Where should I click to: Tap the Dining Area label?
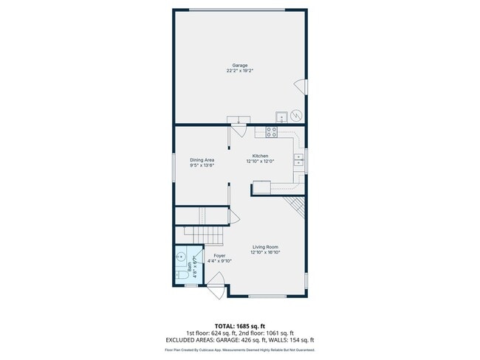(x=202, y=160)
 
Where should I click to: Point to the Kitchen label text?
(x=261, y=156)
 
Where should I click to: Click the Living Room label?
(x=265, y=247)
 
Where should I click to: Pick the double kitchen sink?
(x=300, y=159)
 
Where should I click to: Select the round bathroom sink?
(x=181, y=257)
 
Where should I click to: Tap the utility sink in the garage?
(x=281, y=117)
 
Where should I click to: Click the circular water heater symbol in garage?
(x=295, y=116)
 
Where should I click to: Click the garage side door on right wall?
(x=301, y=86)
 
